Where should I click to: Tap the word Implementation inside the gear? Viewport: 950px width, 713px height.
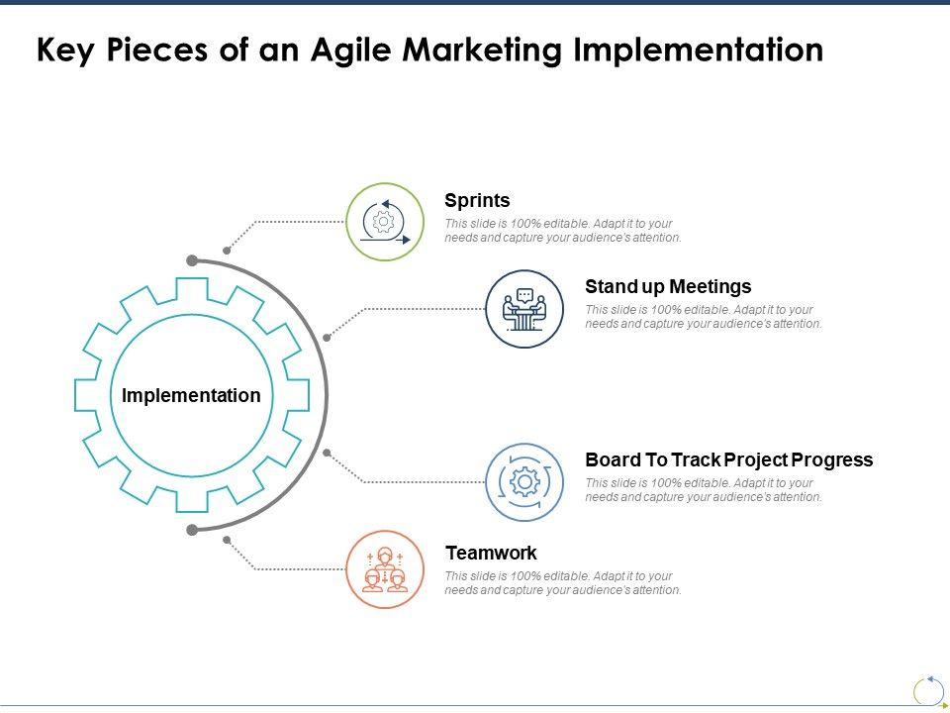click(191, 396)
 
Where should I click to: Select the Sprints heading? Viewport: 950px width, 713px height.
click(477, 201)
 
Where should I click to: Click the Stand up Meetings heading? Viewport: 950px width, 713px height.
click(668, 287)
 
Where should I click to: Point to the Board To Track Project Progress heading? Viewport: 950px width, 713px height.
click(728, 460)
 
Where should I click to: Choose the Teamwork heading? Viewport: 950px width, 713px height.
click(491, 554)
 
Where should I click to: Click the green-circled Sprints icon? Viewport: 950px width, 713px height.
click(385, 222)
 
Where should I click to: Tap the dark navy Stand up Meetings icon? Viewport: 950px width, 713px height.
click(524, 308)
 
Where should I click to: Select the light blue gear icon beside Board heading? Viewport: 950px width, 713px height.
click(524, 481)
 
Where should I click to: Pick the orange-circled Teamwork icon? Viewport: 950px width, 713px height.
click(385, 569)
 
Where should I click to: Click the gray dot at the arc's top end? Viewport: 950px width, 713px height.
click(192, 261)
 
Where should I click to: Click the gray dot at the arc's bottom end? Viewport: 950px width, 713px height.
click(192, 530)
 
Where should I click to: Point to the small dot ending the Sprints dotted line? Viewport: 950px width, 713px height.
click(227, 251)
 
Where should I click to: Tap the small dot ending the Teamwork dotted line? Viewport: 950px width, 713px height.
click(227, 540)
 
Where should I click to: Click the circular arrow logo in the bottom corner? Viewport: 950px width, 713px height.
click(928, 691)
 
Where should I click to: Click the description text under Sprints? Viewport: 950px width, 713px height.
click(563, 231)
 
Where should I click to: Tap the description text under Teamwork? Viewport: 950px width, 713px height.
click(563, 583)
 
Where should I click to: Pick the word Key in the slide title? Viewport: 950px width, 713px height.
click(64, 51)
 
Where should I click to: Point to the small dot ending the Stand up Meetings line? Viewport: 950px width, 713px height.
click(327, 337)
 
